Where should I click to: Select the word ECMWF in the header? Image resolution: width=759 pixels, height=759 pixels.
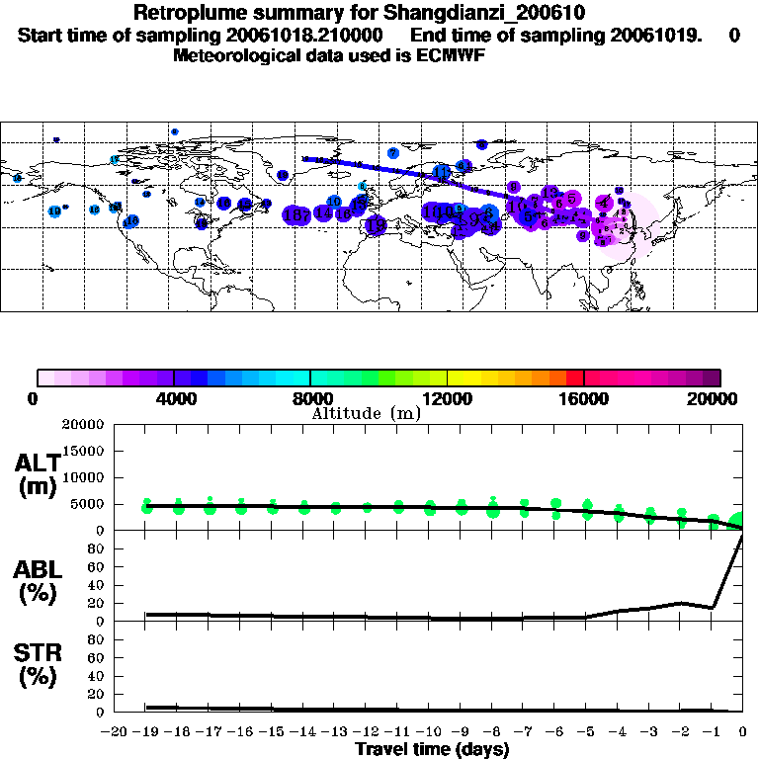450,55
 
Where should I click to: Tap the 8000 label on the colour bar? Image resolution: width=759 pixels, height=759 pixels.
310,399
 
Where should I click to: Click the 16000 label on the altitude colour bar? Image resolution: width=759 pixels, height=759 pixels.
584,399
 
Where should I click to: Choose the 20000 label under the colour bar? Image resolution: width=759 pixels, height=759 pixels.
718,399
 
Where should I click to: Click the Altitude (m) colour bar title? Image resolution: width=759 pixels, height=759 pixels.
366,413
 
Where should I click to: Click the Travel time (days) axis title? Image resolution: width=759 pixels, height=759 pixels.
432,750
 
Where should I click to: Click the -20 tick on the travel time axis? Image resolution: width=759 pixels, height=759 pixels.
116,732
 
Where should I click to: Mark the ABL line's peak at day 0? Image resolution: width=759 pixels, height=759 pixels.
741,535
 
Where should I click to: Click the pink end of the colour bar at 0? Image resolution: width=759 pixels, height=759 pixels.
42,378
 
